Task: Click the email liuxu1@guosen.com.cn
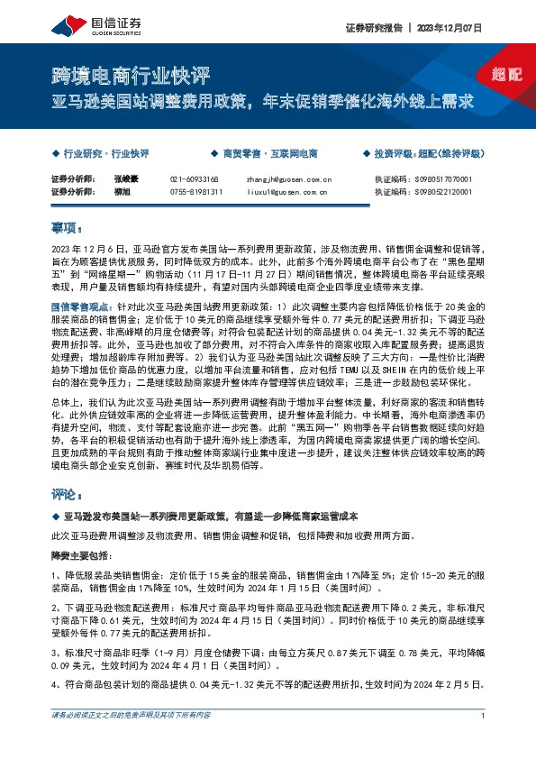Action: point(287,191)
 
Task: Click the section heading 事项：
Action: point(67,229)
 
